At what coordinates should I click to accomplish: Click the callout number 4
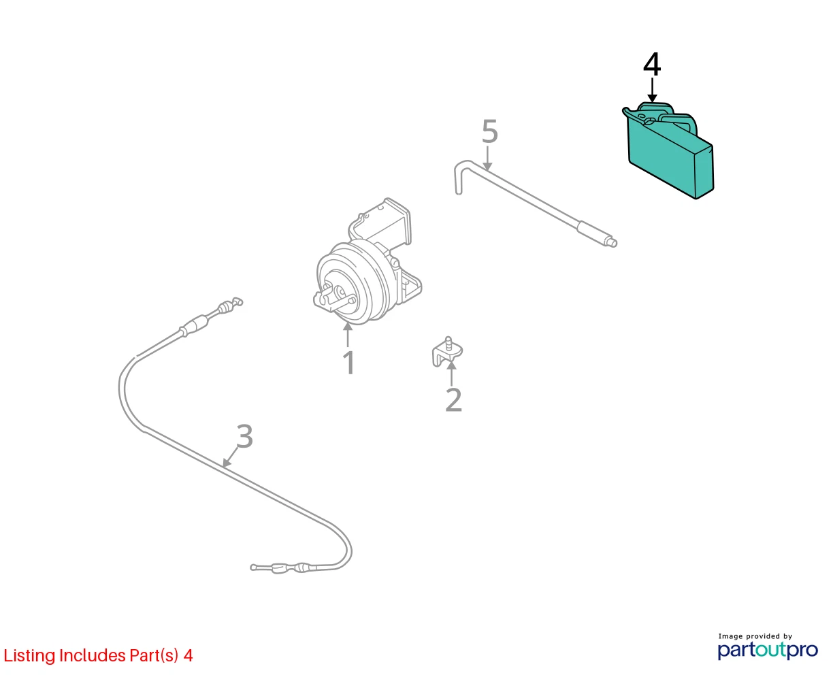pyautogui.click(x=652, y=65)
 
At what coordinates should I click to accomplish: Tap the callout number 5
pyautogui.click(x=489, y=131)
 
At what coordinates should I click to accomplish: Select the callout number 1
pyautogui.click(x=349, y=363)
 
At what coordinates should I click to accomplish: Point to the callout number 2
pyautogui.click(x=454, y=399)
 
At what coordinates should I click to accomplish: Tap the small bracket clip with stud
pyautogui.click(x=447, y=352)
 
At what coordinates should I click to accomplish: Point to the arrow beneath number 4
pyautogui.click(x=652, y=90)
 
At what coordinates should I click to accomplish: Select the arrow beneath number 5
pyautogui.click(x=487, y=159)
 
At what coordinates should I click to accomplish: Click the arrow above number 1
pyautogui.click(x=348, y=335)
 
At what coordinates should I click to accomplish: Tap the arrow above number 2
pyautogui.click(x=452, y=374)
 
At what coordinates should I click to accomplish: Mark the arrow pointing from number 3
pyautogui.click(x=230, y=457)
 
